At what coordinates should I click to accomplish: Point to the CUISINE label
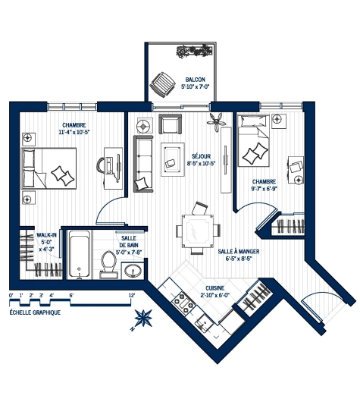pyautogui.click(x=214, y=292)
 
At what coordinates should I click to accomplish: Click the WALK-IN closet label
pyautogui.click(x=47, y=242)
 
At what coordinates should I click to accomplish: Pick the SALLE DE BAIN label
pyautogui.click(x=128, y=242)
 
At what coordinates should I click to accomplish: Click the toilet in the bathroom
pyautogui.click(x=108, y=262)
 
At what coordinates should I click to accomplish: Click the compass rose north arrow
pyautogui.click(x=142, y=319)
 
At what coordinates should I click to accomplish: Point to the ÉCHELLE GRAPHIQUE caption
pyautogui.click(x=35, y=313)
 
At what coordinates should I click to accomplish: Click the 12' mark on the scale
pyautogui.click(x=131, y=294)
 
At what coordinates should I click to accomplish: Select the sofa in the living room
pyautogui.click(x=143, y=163)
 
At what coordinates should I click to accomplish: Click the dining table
pyautogui.click(x=199, y=230)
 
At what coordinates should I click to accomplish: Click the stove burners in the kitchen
pyautogui.click(x=182, y=302)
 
